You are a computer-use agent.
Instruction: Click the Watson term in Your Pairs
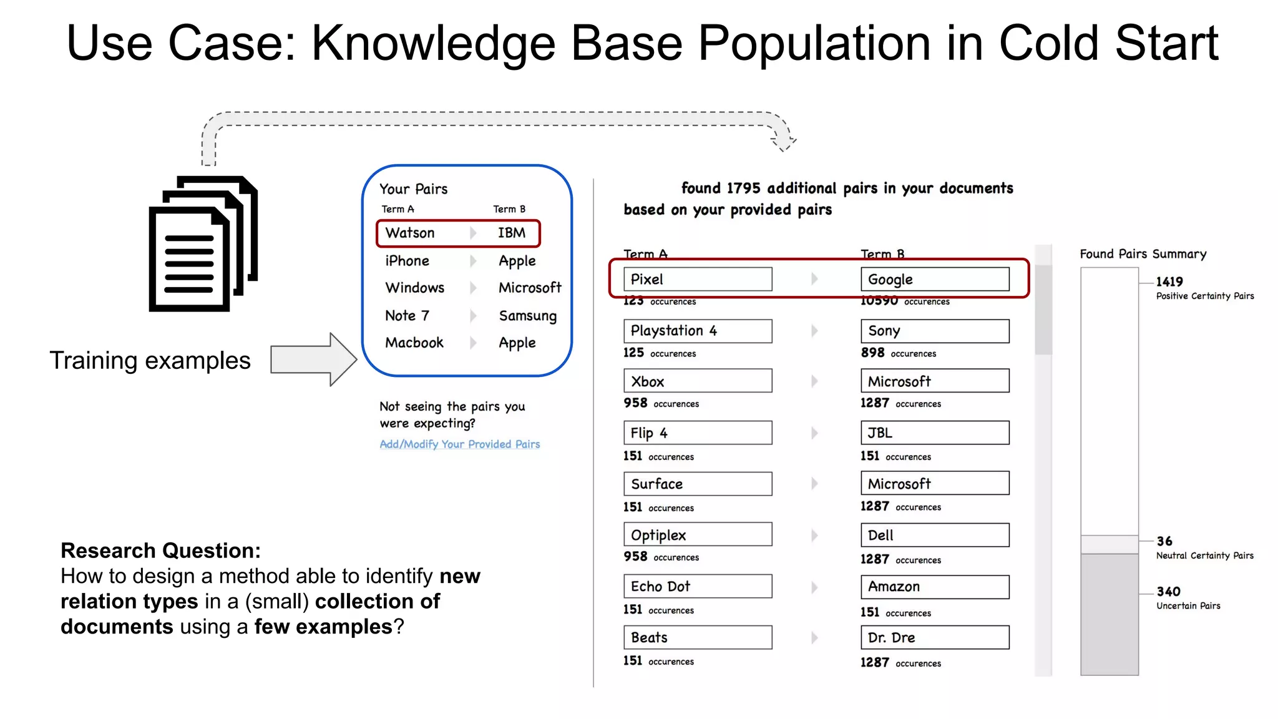(410, 233)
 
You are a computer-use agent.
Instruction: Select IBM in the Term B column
(512, 233)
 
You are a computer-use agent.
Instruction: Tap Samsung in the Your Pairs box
(527, 316)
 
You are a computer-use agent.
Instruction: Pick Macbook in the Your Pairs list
(414, 343)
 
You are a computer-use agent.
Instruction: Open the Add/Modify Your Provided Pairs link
(460, 444)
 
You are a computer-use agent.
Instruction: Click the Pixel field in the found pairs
(698, 279)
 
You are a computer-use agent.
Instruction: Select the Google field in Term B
(935, 279)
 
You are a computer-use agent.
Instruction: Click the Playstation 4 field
(698, 331)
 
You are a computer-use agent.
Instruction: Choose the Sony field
(935, 331)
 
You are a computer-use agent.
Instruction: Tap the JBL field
(935, 433)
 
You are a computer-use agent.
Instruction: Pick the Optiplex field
(698, 535)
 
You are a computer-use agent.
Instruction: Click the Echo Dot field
(698, 586)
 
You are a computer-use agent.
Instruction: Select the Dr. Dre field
(935, 637)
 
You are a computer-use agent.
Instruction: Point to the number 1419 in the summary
(1169, 281)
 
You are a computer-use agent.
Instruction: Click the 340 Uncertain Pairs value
(1168, 592)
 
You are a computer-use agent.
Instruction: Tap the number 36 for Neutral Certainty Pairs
(1164, 541)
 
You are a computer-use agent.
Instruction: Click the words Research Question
(160, 550)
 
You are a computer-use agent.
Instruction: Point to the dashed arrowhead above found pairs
(784, 142)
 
